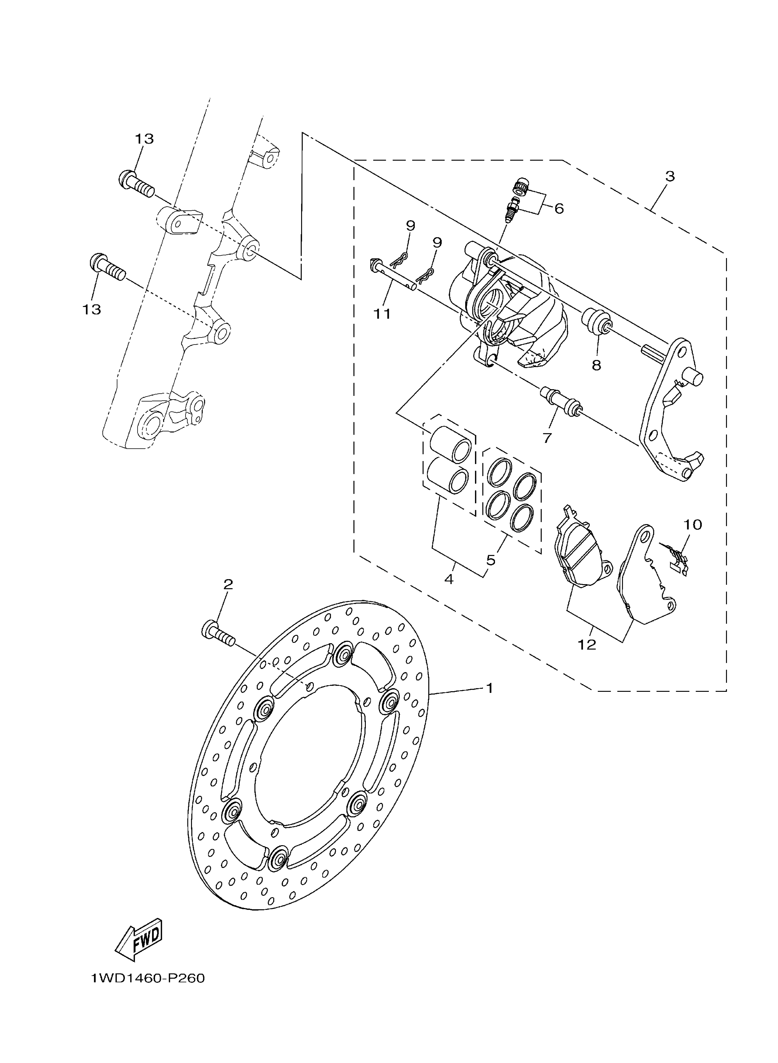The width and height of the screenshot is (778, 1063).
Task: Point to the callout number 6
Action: [x=559, y=208]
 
